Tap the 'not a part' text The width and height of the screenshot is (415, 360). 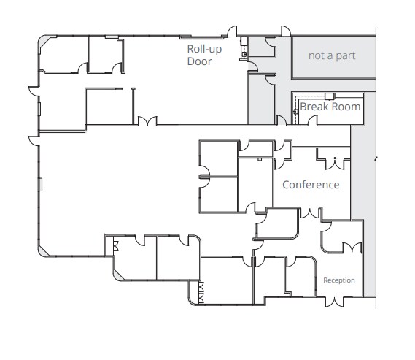coord(332,55)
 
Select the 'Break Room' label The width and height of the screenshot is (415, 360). coord(330,107)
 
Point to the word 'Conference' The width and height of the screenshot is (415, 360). coord(311,185)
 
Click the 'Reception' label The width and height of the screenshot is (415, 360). coord(339,280)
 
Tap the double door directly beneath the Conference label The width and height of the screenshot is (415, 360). coord(311,213)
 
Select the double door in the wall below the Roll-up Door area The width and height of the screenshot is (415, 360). coord(149,121)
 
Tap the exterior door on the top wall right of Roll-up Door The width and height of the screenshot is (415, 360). coord(235,30)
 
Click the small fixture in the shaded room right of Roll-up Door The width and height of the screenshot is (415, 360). coord(246,52)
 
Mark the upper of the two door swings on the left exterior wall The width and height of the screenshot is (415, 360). coord(32,93)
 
